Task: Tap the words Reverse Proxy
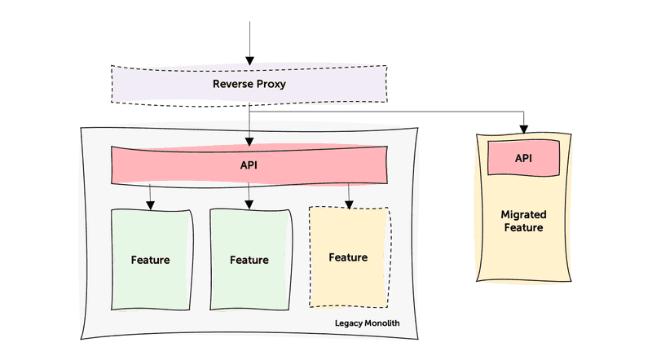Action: (249, 84)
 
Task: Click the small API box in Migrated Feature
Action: (523, 157)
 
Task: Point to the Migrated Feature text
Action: (523, 221)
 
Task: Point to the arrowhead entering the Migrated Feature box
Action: (524, 128)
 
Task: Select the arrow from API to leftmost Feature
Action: (151, 196)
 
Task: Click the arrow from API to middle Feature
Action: (249, 196)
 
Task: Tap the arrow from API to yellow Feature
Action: (349, 195)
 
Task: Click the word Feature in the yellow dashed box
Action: (348, 257)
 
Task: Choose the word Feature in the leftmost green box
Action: (151, 260)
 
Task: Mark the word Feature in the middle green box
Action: (249, 260)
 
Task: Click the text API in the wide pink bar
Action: (249, 165)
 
